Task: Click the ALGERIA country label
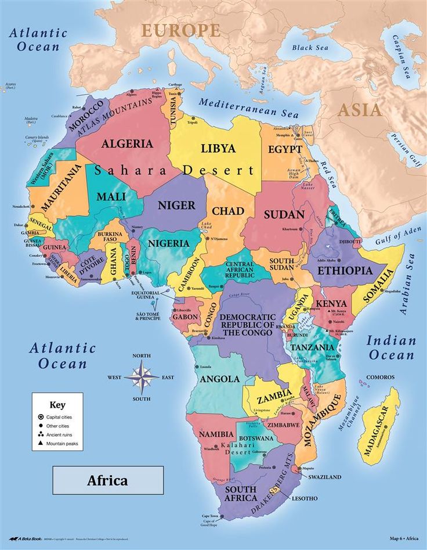(x=128, y=143)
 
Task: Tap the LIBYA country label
(x=218, y=148)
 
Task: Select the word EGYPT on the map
(x=285, y=149)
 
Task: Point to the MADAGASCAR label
(x=378, y=427)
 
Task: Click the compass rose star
(x=142, y=377)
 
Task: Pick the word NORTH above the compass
(x=142, y=355)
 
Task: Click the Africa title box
(x=108, y=480)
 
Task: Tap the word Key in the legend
(x=57, y=405)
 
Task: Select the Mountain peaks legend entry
(x=63, y=443)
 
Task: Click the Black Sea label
(x=310, y=48)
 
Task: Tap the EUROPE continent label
(x=180, y=30)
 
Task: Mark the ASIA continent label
(x=360, y=110)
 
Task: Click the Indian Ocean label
(x=391, y=347)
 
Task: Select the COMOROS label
(x=381, y=378)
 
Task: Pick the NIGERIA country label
(x=169, y=243)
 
